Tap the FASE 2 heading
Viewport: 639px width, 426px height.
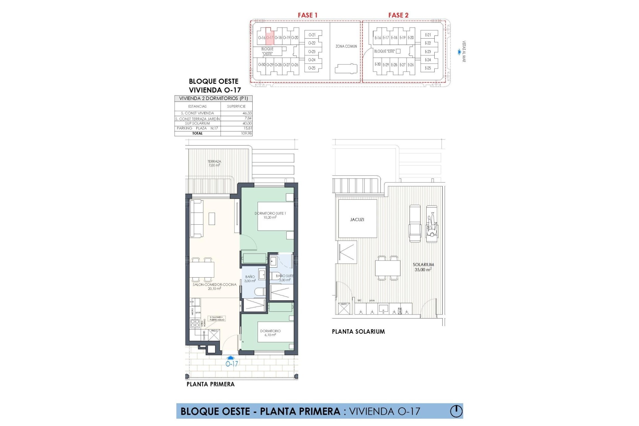(x=398, y=15)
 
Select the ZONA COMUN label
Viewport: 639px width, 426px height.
(x=346, y=46)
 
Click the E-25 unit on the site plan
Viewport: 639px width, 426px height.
(x=428, y=68)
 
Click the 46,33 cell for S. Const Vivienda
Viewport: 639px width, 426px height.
(x=247, y=113)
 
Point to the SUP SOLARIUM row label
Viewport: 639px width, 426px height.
(x=197, y=123)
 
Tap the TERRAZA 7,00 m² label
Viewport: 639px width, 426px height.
(x=214, y=163)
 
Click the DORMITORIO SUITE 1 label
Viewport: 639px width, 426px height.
(x=270, y=215)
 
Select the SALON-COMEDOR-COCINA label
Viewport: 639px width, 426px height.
(x=214, y=287)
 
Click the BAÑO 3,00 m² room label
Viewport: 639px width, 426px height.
(x=250, y=279)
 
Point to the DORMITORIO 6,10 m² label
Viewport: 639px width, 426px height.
(x=270, y=333)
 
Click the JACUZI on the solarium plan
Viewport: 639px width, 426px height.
(x=357, y=220)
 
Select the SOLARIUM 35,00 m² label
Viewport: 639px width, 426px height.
(x=423, y=267)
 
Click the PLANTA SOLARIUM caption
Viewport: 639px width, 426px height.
(x=358, y=331)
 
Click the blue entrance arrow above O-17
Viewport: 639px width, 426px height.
(x=232, y=358)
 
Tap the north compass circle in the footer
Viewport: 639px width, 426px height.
(x=456, y=411)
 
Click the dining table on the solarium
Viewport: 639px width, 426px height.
(x=388, y=268)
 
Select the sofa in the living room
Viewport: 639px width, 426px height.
(x=196, y=218)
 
